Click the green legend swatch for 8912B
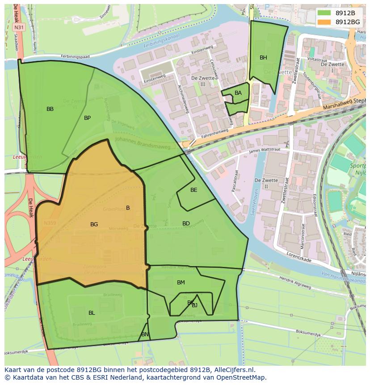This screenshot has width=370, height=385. [x=324, y=13]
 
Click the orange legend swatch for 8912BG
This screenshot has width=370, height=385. [x=324, y=21]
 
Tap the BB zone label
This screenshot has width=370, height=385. [x=50, y=109]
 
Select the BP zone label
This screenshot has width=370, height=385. [x=87, y=118]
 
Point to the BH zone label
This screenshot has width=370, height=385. [x=263, y=58]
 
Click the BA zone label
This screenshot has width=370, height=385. [x=238, y=93]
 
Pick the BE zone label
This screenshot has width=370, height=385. [x=193, y=190]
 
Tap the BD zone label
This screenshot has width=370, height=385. [x=186, y=224]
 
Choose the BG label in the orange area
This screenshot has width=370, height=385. [x=94, y=224]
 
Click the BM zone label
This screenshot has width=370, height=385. [x=181, y=283]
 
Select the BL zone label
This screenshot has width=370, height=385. [x=92, y=313]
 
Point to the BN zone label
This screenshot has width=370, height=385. [x=145, y=334]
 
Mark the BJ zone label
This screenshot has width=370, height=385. [x=195, y=306]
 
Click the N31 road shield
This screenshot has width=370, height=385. [x=18, y=27]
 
